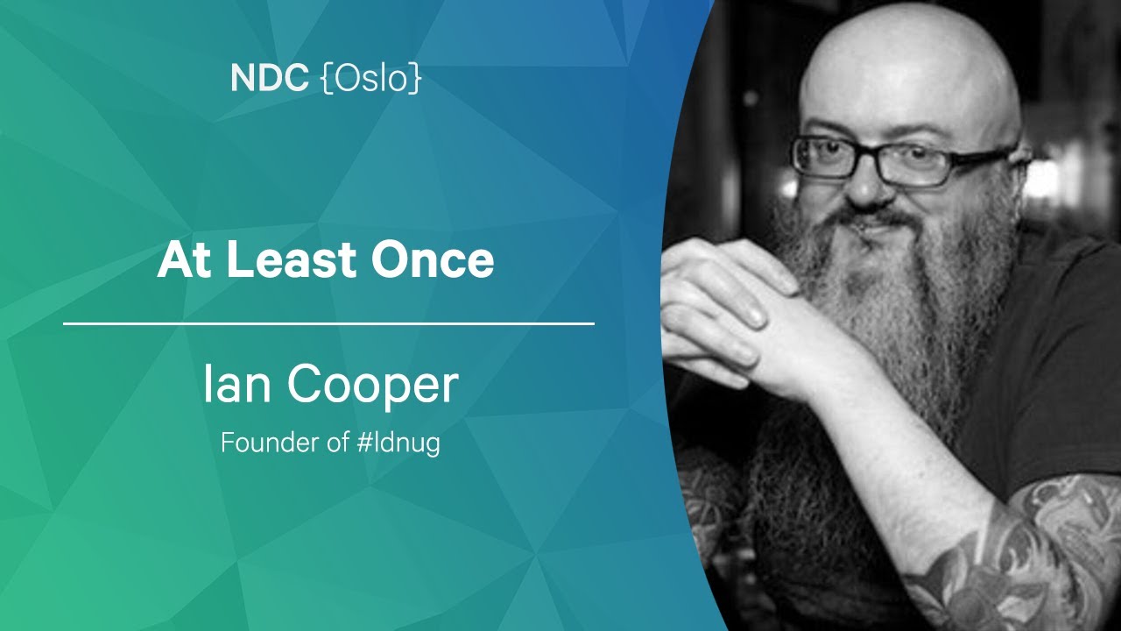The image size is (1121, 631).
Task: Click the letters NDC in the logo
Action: [x=269, y=78]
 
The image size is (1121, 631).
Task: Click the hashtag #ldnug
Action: [x=398, y=443]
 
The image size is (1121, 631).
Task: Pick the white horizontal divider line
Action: [x=328, y=324]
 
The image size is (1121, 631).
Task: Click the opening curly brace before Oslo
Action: [x=327, y=79]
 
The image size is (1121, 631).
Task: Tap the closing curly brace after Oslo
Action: [x=415, y=79]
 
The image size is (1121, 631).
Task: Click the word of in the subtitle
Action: [x=338, y=442]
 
